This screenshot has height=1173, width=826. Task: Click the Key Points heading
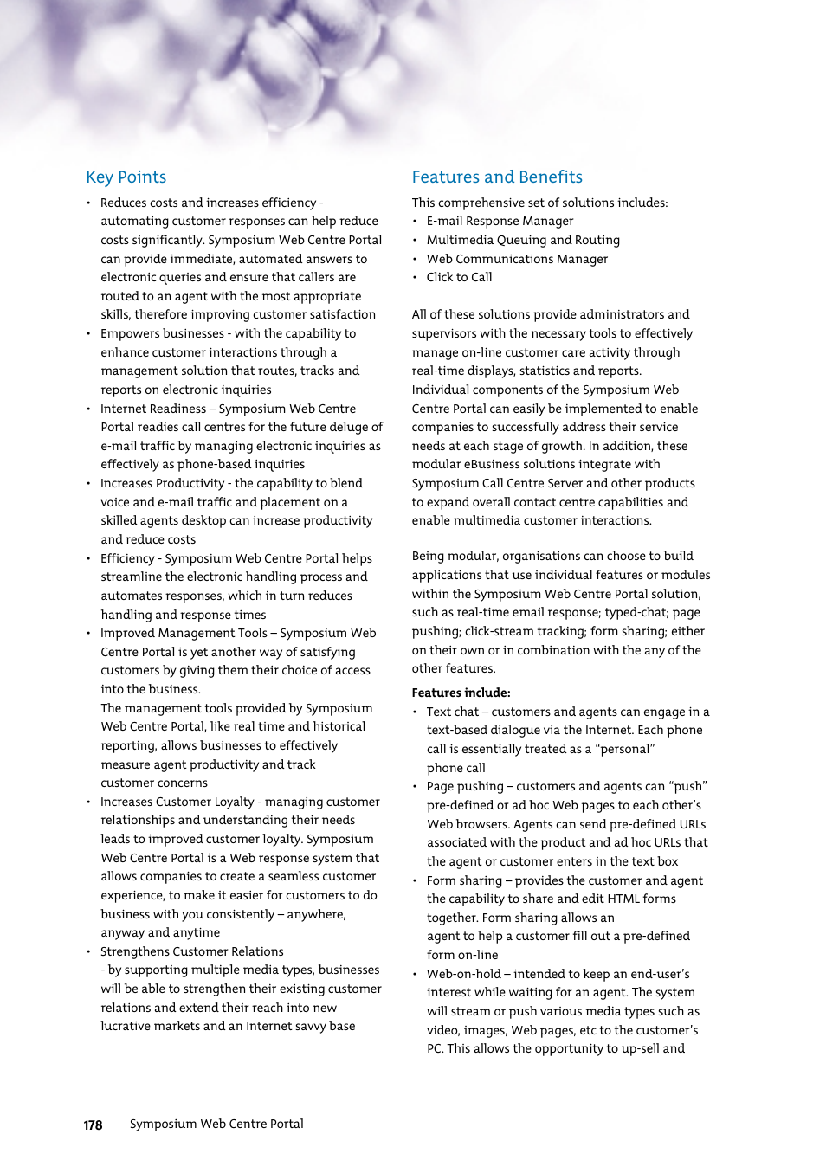pyautogui.click(x=126, y=177)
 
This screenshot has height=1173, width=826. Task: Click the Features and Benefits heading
pyautogui.click(x=496, y=177)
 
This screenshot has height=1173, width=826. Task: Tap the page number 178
pyautogui.click(x=93, y=1125)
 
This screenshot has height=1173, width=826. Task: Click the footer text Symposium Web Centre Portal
pyautogui.click(x=216, y=1124)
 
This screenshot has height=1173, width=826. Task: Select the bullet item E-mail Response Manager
pyautogui.click(x=499, y=221)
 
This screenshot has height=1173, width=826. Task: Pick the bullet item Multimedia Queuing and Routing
pyautogui.click(x=522, y=240)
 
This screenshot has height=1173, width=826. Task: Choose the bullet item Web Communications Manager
pyautogui.click(x=516, y=259)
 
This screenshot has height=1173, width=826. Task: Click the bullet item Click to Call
pyautogui.click(x=458, y=277)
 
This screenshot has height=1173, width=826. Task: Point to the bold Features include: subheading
pyautogui.click(x=461, y=693)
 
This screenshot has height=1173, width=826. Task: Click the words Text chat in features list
pyautogui.click(x=452, y=712)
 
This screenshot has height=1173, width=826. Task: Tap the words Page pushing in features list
pyautogui.click(x=464, y=786)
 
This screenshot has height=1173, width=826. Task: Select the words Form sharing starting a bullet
pyautogui.click(x=464, y=880)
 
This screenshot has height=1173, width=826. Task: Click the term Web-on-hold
pyautogui.click(x=463, y=974)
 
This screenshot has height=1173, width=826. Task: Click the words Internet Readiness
pyautogui.click(x=152, y=409)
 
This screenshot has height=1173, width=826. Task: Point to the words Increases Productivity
pyautogui.click(x=162, y=483)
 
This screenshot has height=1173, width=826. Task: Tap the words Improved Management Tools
pyautogui.click(x=184, y=633)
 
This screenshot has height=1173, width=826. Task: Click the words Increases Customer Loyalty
pyautogui.click(x=177, y=802)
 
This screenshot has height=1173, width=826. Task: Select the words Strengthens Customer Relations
pyautogui.click(x=191, y=951)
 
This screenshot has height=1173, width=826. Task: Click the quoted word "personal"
pyautogui.click(x=624, y=749)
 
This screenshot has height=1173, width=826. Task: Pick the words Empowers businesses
pyautogui.click(x=162, y=333)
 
